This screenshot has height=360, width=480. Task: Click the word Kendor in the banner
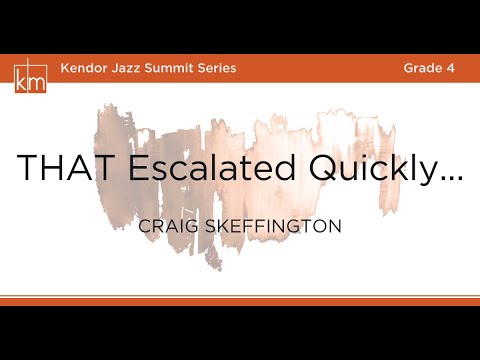[x=84, y=68]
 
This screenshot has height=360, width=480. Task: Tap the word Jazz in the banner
[x=130, y=68]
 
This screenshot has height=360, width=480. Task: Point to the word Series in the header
[x=219, y=68]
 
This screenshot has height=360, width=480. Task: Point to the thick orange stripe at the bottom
[x=240, y=299]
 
